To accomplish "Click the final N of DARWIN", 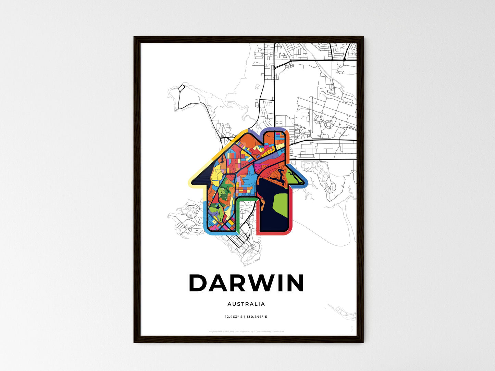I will point(294,283).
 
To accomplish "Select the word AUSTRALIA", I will point(246,304).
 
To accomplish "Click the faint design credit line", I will point(246,331).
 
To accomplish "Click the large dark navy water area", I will point(271,216).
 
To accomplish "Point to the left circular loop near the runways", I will point(319,119).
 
